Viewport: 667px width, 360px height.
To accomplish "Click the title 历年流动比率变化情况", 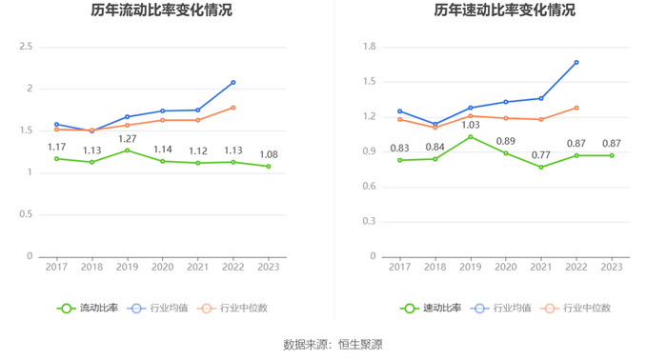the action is click(161, 10).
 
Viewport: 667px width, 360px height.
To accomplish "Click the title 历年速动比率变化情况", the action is click(504, 10).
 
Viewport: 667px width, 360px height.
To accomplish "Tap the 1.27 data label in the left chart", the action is click(127, 139).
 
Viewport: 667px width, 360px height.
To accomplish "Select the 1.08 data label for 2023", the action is click(269, 154).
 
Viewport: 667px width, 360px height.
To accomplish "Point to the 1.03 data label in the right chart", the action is click(471, 125).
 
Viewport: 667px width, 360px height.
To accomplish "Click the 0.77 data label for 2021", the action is click(541, 155).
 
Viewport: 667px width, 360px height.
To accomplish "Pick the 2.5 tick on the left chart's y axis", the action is click(26, 47).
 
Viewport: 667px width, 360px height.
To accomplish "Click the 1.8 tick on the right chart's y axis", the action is click(370, 47).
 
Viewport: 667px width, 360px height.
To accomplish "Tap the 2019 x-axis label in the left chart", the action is click(127, 267).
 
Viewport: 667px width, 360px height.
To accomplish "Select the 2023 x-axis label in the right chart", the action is click(612, 267).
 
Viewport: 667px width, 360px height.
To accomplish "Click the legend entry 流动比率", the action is click(88, 309).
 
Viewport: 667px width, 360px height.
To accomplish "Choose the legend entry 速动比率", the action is click(431, 309).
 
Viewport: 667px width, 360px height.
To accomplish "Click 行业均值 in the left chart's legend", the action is click(157, 309).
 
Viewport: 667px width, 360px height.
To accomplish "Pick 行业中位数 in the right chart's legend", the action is click(576, 309).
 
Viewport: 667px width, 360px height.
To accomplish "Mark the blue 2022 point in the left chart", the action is click(233, 83).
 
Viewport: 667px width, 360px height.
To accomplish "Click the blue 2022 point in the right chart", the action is click(576, 63).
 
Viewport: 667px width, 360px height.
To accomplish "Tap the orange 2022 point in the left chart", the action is click(233, 108).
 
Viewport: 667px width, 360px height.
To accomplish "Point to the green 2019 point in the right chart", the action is click(471, 137).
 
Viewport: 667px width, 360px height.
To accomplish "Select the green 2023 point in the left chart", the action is click(269, 166).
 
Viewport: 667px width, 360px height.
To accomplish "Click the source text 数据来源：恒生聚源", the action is click(333, 344).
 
